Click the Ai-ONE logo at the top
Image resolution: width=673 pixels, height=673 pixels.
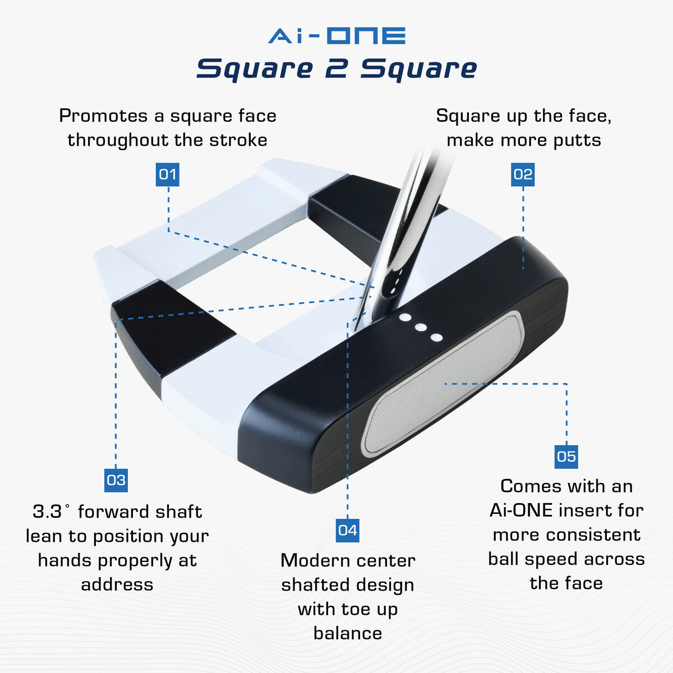[336, 35]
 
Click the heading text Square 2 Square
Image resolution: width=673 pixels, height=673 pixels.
[336, 68]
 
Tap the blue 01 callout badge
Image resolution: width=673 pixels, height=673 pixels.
[168, 174]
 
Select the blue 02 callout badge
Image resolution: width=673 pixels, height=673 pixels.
[523, 174]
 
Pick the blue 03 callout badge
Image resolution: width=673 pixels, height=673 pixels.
[116, 480]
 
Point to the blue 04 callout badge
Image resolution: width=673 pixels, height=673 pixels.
[347, 530]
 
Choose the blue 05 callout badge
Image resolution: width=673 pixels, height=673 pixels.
[566, 457]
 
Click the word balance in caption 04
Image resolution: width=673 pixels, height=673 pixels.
[348, 633]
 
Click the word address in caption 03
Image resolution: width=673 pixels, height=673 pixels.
[117, 584]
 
